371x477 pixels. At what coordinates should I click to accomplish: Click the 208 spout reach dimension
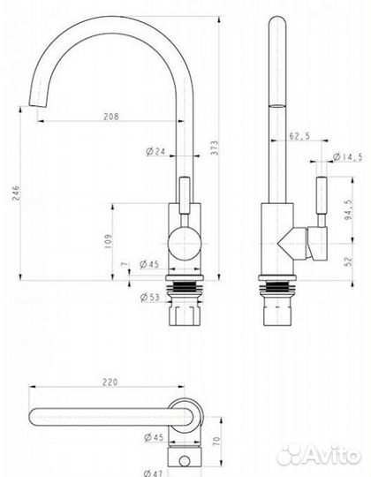tap(110, 117)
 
